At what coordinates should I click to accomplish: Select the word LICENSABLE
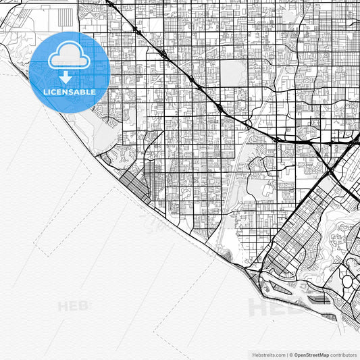70,92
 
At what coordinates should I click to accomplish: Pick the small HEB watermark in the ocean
73,305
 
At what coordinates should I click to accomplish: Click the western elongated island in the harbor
284,288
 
